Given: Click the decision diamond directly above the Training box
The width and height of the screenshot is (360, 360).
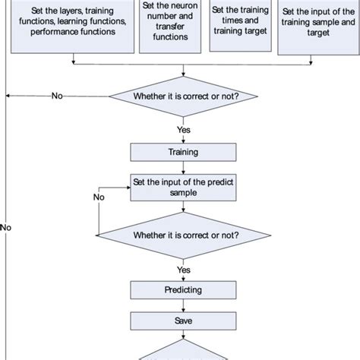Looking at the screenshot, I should (183, 96).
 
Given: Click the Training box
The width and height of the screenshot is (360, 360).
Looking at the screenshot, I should (183, 152).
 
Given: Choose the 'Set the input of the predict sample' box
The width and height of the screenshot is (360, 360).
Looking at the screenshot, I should (183, 188).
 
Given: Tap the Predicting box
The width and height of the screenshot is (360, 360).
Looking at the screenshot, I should (183, 290).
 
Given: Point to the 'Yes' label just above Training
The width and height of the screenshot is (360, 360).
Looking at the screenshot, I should (183, 130).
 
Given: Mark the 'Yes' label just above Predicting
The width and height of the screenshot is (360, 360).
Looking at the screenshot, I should (183, 269).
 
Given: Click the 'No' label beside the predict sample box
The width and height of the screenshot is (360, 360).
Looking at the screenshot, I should (99, 197).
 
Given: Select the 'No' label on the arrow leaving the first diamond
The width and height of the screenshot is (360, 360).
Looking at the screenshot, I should (57, 96).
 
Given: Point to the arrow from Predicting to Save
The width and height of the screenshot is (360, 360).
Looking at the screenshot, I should (183, 306).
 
